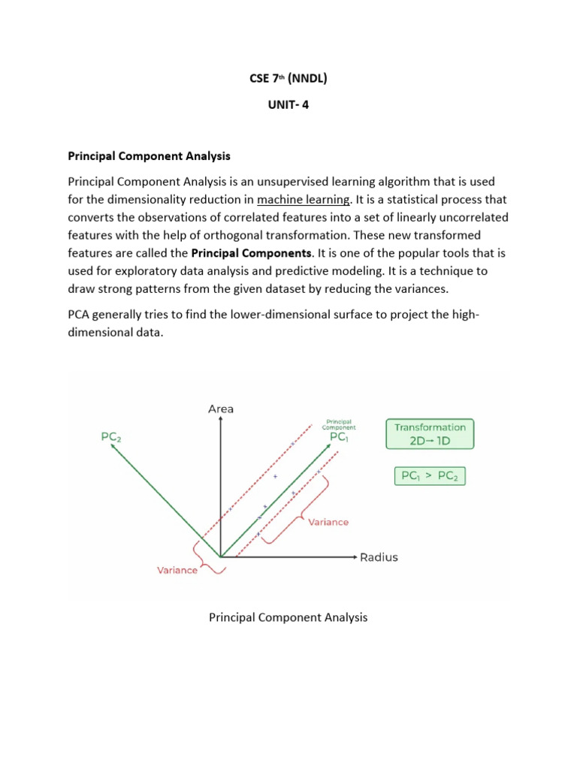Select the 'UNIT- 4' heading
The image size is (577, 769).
pyautogui.click(x=288, y=105)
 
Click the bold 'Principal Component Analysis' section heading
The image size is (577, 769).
pyautogui.click(x=150, y=156)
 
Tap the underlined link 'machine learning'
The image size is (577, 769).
pyautogui.click(x=303, y=199)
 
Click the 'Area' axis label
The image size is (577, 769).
pyautogui.click(x=220, y=409)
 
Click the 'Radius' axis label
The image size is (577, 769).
pyautogui.click(x=379, y=557)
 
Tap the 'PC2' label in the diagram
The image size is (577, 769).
pyautogui.click(x=111, y=436)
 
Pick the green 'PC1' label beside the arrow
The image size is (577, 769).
pyautogui.click(x=339, y=436)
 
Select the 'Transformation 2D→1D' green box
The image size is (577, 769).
pyautogui.click(x=430, y=434)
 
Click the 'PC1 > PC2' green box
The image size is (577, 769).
pyautogui.click(x=430, y=475)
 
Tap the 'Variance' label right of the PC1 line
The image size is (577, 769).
pyautogui.click(x=328, y=522)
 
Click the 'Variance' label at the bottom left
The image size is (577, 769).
pyautogui.click(x=177, y=570)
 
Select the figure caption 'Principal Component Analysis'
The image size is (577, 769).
pyautogui.click(x=288, y=617)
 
